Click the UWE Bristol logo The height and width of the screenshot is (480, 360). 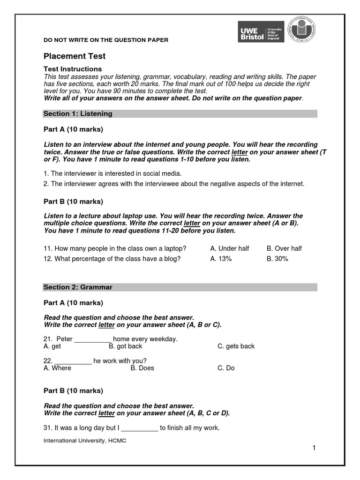point(261,31)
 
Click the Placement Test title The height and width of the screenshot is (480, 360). point(75,56)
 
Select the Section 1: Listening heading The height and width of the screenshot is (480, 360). point(78,114)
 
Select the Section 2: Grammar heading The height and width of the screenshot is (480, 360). point(78,287)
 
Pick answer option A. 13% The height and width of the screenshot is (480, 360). point(221,259)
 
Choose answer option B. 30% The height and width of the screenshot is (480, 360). point(277,259)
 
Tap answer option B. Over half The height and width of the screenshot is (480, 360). point(284,248)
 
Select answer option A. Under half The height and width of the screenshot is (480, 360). point(230,248)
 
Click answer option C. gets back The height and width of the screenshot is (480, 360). point(236,346)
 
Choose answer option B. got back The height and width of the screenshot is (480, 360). point(125,346)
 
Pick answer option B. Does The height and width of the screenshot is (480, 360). point(142,368)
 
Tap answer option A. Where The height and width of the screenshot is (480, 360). point(57,368)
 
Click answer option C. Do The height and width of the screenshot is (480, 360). point(226,368)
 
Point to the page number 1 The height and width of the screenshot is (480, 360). point(314,448)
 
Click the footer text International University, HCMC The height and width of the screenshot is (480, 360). point(85,441)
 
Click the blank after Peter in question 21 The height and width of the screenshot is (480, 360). point(93,339)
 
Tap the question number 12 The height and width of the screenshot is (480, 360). point(47,259)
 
